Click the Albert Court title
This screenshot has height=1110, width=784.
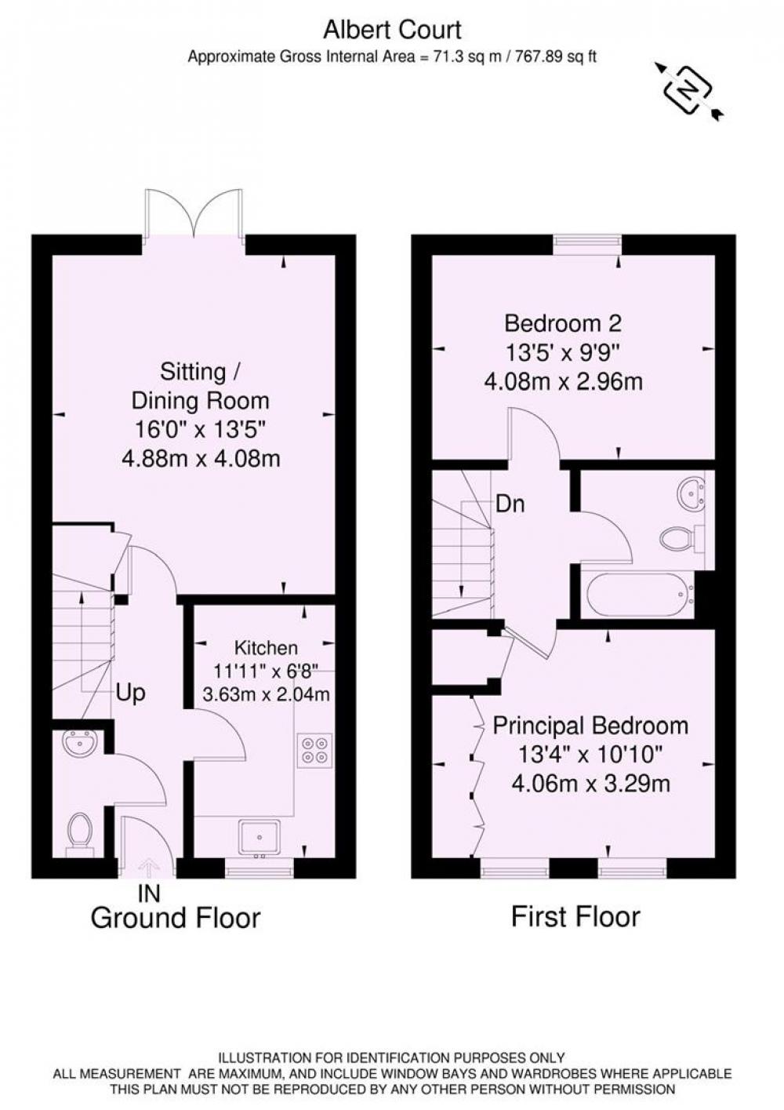click(392, 30)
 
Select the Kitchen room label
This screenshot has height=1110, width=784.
click(266, 648)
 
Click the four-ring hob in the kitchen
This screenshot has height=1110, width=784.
click(315, 750)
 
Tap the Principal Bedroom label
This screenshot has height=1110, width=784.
click(590, 726)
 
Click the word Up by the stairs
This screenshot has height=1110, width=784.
click(130, 693)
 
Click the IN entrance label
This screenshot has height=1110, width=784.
click(149, 893)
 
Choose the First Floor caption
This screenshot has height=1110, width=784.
click(575, 916)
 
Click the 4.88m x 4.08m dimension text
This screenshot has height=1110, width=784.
click(201, 458)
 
